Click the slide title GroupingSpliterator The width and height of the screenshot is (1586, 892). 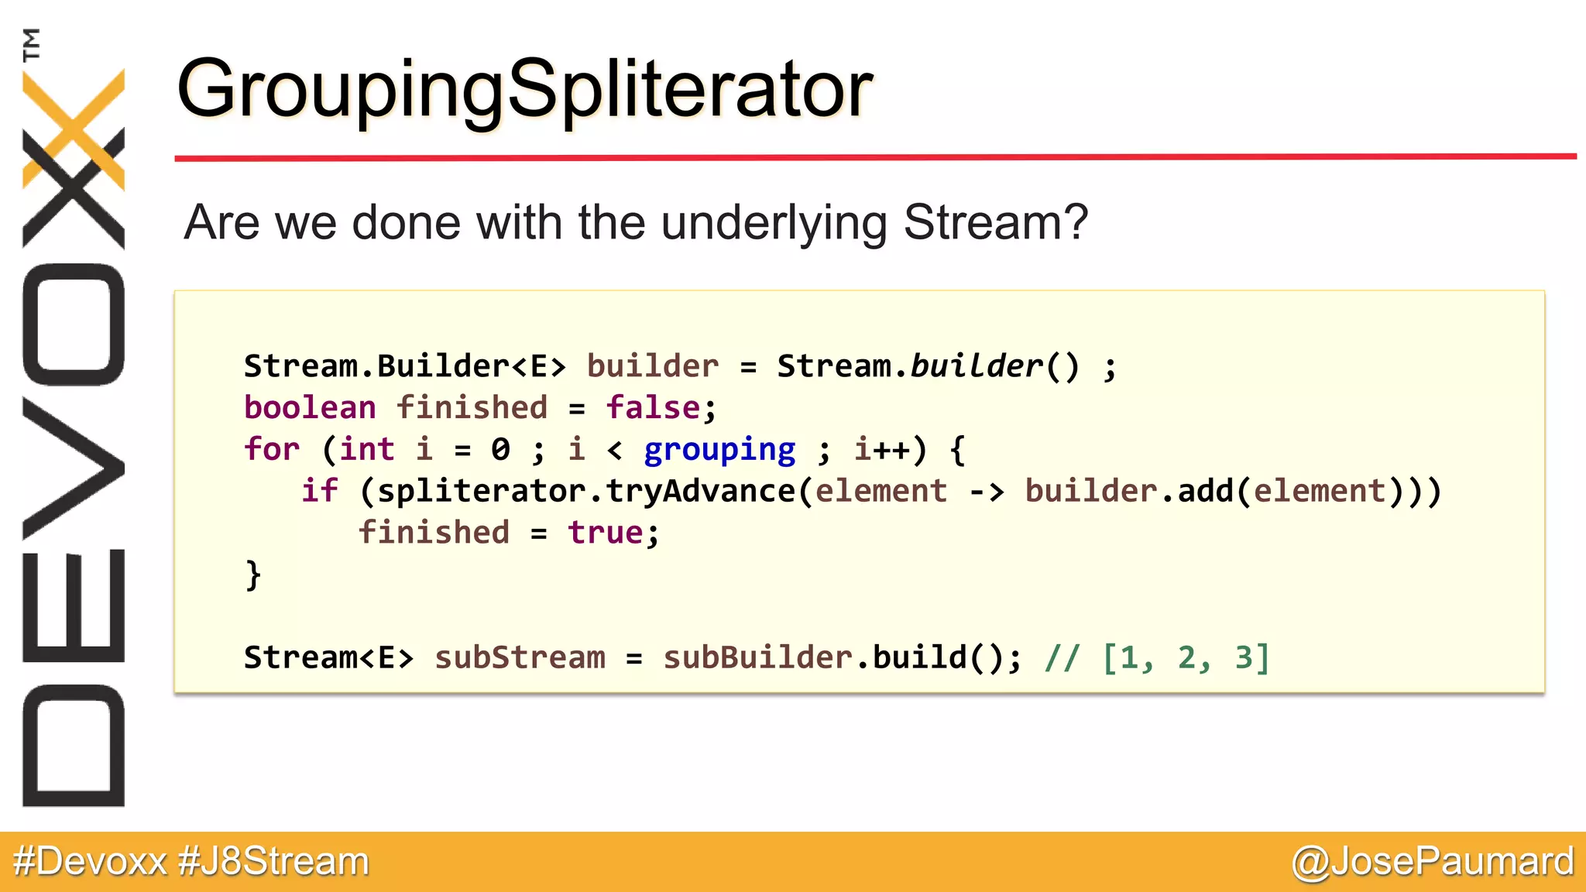525,91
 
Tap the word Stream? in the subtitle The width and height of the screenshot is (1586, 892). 996,222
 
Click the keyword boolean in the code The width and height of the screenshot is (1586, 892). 310,407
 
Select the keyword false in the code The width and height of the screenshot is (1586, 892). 653,407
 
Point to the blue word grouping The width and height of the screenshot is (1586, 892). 719,450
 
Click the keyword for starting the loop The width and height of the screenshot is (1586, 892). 272,449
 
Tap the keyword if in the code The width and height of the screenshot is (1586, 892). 320,491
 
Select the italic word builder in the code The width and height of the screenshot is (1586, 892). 977,365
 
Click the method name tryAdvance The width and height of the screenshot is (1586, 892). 700,491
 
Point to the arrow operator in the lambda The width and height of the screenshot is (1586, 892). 987,491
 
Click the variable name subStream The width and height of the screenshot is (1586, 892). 520,657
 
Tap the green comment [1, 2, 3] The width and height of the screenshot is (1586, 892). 1185,657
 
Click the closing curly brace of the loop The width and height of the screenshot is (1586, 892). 253,575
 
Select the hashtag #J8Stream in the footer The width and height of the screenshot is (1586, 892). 273,862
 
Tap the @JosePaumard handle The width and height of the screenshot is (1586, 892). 1432,862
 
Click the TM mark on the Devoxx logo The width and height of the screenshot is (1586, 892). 32,44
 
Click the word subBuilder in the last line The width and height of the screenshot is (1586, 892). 758,657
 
